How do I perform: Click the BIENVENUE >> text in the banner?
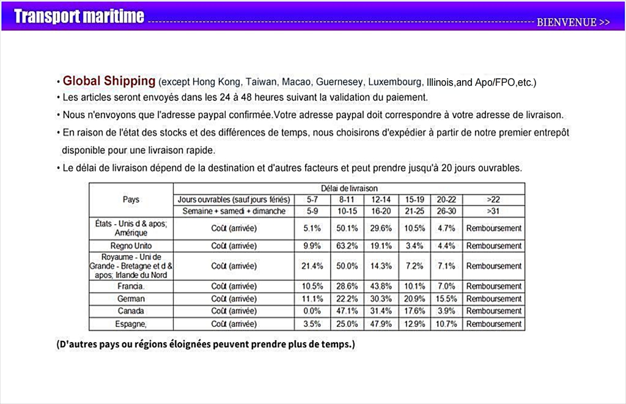coord(573,23)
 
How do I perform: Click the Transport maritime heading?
coord(79,17)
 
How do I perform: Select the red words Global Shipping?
coord(109,81)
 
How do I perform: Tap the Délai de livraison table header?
coord(348,189)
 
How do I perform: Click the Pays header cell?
coord(131,200)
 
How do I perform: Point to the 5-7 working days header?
coord(312,200)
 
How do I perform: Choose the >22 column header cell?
coord(493,200)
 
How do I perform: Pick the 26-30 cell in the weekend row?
coord(446,211)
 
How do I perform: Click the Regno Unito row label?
coord(131,245)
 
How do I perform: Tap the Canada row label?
coord(131,311)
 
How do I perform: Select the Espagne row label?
coord(131,324)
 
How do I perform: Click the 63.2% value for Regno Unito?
coord(347,245)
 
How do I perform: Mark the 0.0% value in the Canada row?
coord(312,311)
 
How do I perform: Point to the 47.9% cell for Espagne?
coord(381,324)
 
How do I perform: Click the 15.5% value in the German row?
coord(446,299)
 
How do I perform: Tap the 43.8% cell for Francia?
coord(381,286)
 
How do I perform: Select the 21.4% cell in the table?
coord(312,266)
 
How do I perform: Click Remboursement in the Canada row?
coord(493,311)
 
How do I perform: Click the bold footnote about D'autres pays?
coord(205,344)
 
